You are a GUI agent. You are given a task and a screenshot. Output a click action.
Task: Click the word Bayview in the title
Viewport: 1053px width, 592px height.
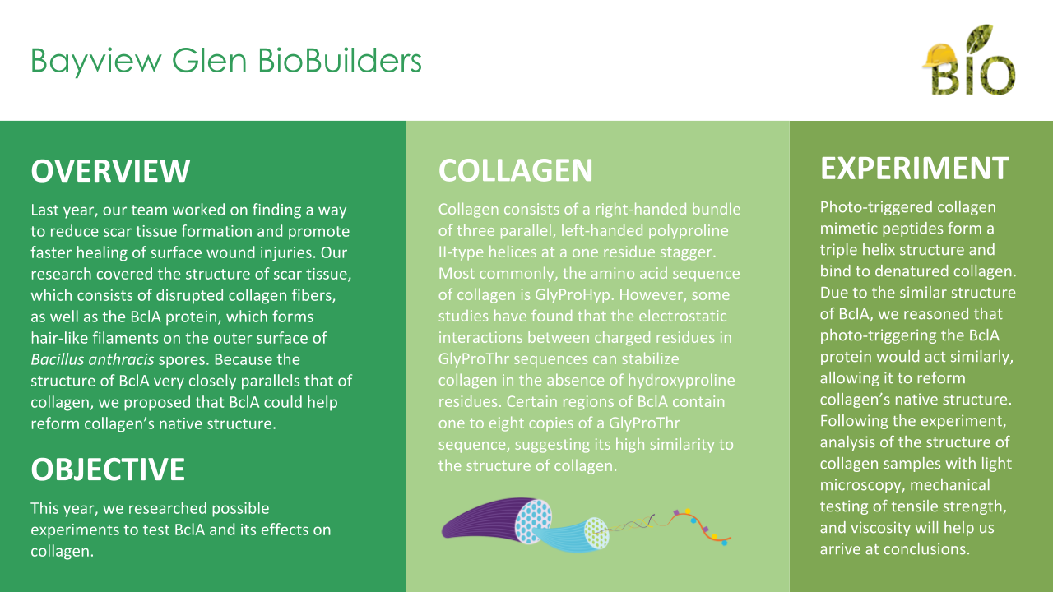96,62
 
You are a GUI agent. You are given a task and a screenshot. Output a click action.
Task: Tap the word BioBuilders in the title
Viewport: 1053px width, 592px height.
340,61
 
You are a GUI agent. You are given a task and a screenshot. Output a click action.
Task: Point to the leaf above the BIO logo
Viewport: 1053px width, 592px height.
979,39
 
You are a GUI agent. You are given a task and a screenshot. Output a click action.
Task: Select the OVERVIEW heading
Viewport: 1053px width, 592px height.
110,170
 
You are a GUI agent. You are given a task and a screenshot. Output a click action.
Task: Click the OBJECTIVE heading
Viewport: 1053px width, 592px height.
108,469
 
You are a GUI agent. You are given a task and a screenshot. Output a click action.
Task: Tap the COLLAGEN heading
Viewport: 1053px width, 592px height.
516,170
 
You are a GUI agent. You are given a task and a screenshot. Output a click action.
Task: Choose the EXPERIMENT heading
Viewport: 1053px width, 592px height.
915,169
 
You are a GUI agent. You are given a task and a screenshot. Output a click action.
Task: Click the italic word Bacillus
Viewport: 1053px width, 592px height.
58,359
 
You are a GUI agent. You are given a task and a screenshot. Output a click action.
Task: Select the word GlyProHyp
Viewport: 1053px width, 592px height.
573,295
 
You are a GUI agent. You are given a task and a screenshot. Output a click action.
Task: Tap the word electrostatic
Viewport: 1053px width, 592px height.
683,316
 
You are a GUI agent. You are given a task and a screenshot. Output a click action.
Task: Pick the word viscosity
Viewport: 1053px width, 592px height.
872,528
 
